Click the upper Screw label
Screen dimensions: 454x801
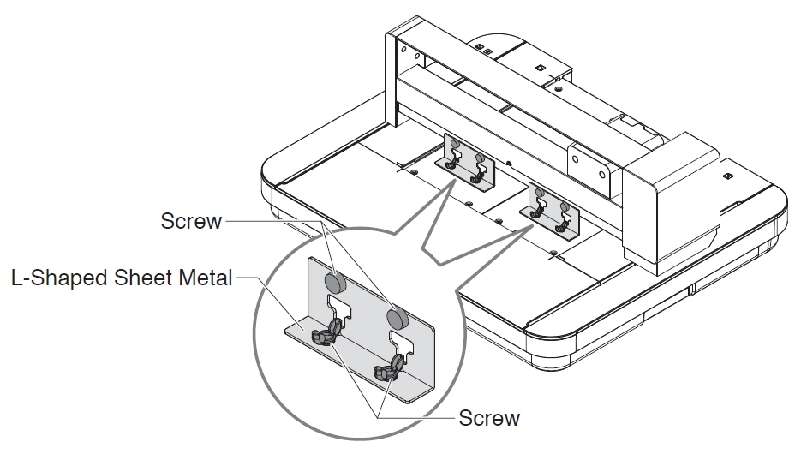(x=191, y=221)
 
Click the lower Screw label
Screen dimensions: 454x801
(x=489, y=418)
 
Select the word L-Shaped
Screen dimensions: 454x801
(x=51, y=279)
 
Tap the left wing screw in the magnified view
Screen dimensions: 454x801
(x=326, y=333)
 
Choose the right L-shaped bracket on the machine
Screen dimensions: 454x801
(x=553, y=210)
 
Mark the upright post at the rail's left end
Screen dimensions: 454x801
(x=403, y=86)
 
